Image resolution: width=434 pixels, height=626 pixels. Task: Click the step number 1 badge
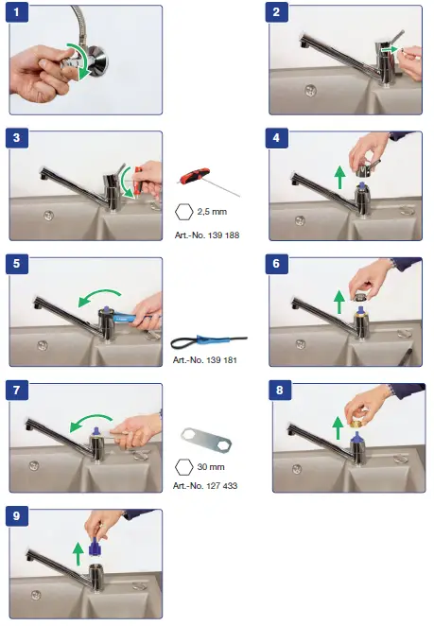point(18,14)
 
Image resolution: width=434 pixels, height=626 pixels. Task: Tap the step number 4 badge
point(276,139)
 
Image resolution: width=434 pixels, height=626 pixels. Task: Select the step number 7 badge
point(18,389)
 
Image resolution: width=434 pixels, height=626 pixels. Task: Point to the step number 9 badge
point(18,516)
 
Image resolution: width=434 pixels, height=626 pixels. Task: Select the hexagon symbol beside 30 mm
point(184,466)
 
